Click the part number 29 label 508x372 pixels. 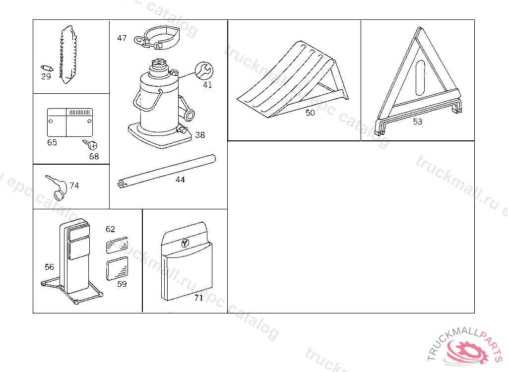[x=46, y=76]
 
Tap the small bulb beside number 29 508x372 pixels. [x=46, y=67]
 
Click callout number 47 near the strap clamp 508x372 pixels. [x=122, y=38]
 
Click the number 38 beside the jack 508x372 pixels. [x=200, y=135]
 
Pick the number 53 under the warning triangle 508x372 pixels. [x=418, y=122]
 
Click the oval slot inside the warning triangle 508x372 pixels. [x=420, y=78]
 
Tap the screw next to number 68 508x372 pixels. [x=92, y=145]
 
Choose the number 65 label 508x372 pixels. [x=52, y=143]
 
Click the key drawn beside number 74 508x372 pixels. [x=55, y=186]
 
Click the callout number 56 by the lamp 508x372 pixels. [x=49, y=267]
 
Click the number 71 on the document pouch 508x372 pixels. [x=198, y=298]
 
